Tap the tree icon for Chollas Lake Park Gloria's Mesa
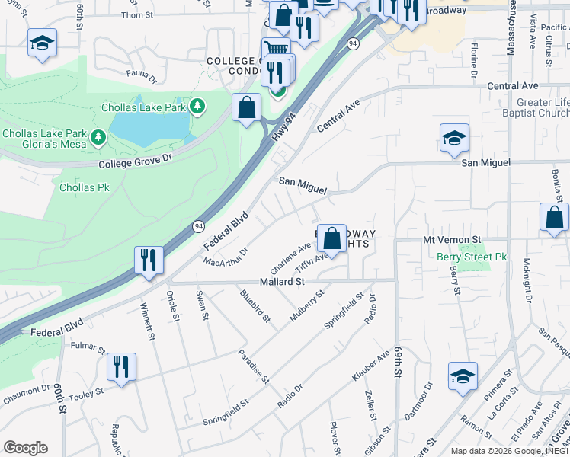click(x=98, y=137)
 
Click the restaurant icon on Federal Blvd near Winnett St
click(x=146, y=260)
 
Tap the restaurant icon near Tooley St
click(x=121, y=367)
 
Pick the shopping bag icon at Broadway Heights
click(x=331, y=238)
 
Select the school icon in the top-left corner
click(x=42, y=43)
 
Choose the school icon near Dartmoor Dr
click(x=463, y=376)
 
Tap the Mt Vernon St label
click(x=453, y=239)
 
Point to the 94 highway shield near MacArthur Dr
click(x=199, y=225)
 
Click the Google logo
click(x=25, y=447)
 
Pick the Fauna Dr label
click(x=142, y=78)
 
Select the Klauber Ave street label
click(x=370, y=368)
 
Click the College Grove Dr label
click(x=136, y=161)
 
